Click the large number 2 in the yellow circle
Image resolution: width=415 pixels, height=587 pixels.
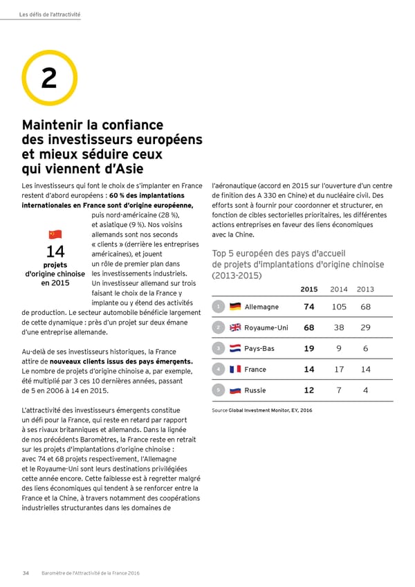[48, 79]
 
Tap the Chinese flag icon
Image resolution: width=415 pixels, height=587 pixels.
[55, 235]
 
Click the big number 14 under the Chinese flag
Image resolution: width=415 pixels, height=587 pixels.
[55, 253]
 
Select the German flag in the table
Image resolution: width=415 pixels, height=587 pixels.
[235, 307]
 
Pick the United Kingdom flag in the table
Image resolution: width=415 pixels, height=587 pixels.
[235, 327]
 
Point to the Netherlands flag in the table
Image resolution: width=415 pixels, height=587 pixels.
[235, 348]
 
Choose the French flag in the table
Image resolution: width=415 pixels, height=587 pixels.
[235, 369]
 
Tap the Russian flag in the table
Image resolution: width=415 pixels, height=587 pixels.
[235, 390]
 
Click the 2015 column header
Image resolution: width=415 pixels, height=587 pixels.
[309, 289]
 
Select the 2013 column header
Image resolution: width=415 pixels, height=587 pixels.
[366, 289]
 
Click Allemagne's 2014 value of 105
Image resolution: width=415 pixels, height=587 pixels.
[339, 307]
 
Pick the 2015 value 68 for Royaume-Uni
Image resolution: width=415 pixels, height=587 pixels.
[309, 327]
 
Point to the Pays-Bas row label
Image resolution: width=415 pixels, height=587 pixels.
[259, 348]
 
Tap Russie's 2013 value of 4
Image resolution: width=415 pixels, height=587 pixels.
[366, 390]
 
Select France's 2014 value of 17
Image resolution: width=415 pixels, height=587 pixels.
[339, 369]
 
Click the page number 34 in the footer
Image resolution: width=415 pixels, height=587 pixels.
[26, 572]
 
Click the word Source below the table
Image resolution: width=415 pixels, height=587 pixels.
[219, 410]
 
